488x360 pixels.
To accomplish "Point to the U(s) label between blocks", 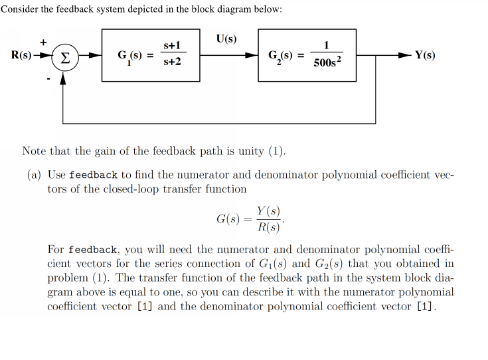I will tap(226, 38).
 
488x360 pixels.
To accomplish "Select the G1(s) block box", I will tap(150, 55).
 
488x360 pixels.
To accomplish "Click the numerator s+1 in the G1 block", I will tap(172, 45).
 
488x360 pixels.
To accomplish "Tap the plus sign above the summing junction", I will tap(44, 42).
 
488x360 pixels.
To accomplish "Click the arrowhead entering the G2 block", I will tap(254, 55).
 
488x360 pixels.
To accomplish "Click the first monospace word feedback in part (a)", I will tap(93, 175).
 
